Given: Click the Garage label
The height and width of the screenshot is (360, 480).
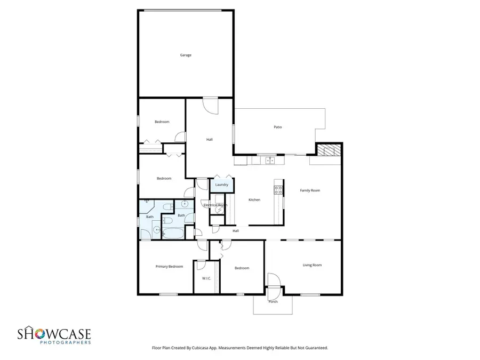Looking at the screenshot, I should click(x=185, y=55).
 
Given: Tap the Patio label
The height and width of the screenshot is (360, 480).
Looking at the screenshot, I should click(x=277, y=127).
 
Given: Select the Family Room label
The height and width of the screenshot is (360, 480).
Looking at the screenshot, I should click(x=310, y=190).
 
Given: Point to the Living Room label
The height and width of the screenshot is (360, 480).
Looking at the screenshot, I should click(x=312, y=265).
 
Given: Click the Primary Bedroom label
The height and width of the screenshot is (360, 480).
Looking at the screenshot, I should click(x=169, y=266).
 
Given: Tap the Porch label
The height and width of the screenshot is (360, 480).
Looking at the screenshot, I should click(x=273, y=302).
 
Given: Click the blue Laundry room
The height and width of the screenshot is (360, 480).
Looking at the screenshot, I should click(x=222, y=185).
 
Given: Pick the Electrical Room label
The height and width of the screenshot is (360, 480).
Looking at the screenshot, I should click(x=215, y=205).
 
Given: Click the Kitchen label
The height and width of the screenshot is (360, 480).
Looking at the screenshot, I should click(x=254, y=200).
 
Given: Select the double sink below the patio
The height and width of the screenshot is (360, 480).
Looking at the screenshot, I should click(x=270, y=159).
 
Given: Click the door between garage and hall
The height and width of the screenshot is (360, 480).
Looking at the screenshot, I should click(x=210, y=105).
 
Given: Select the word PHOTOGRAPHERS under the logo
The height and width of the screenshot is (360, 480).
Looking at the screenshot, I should click(x=65, y=343).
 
